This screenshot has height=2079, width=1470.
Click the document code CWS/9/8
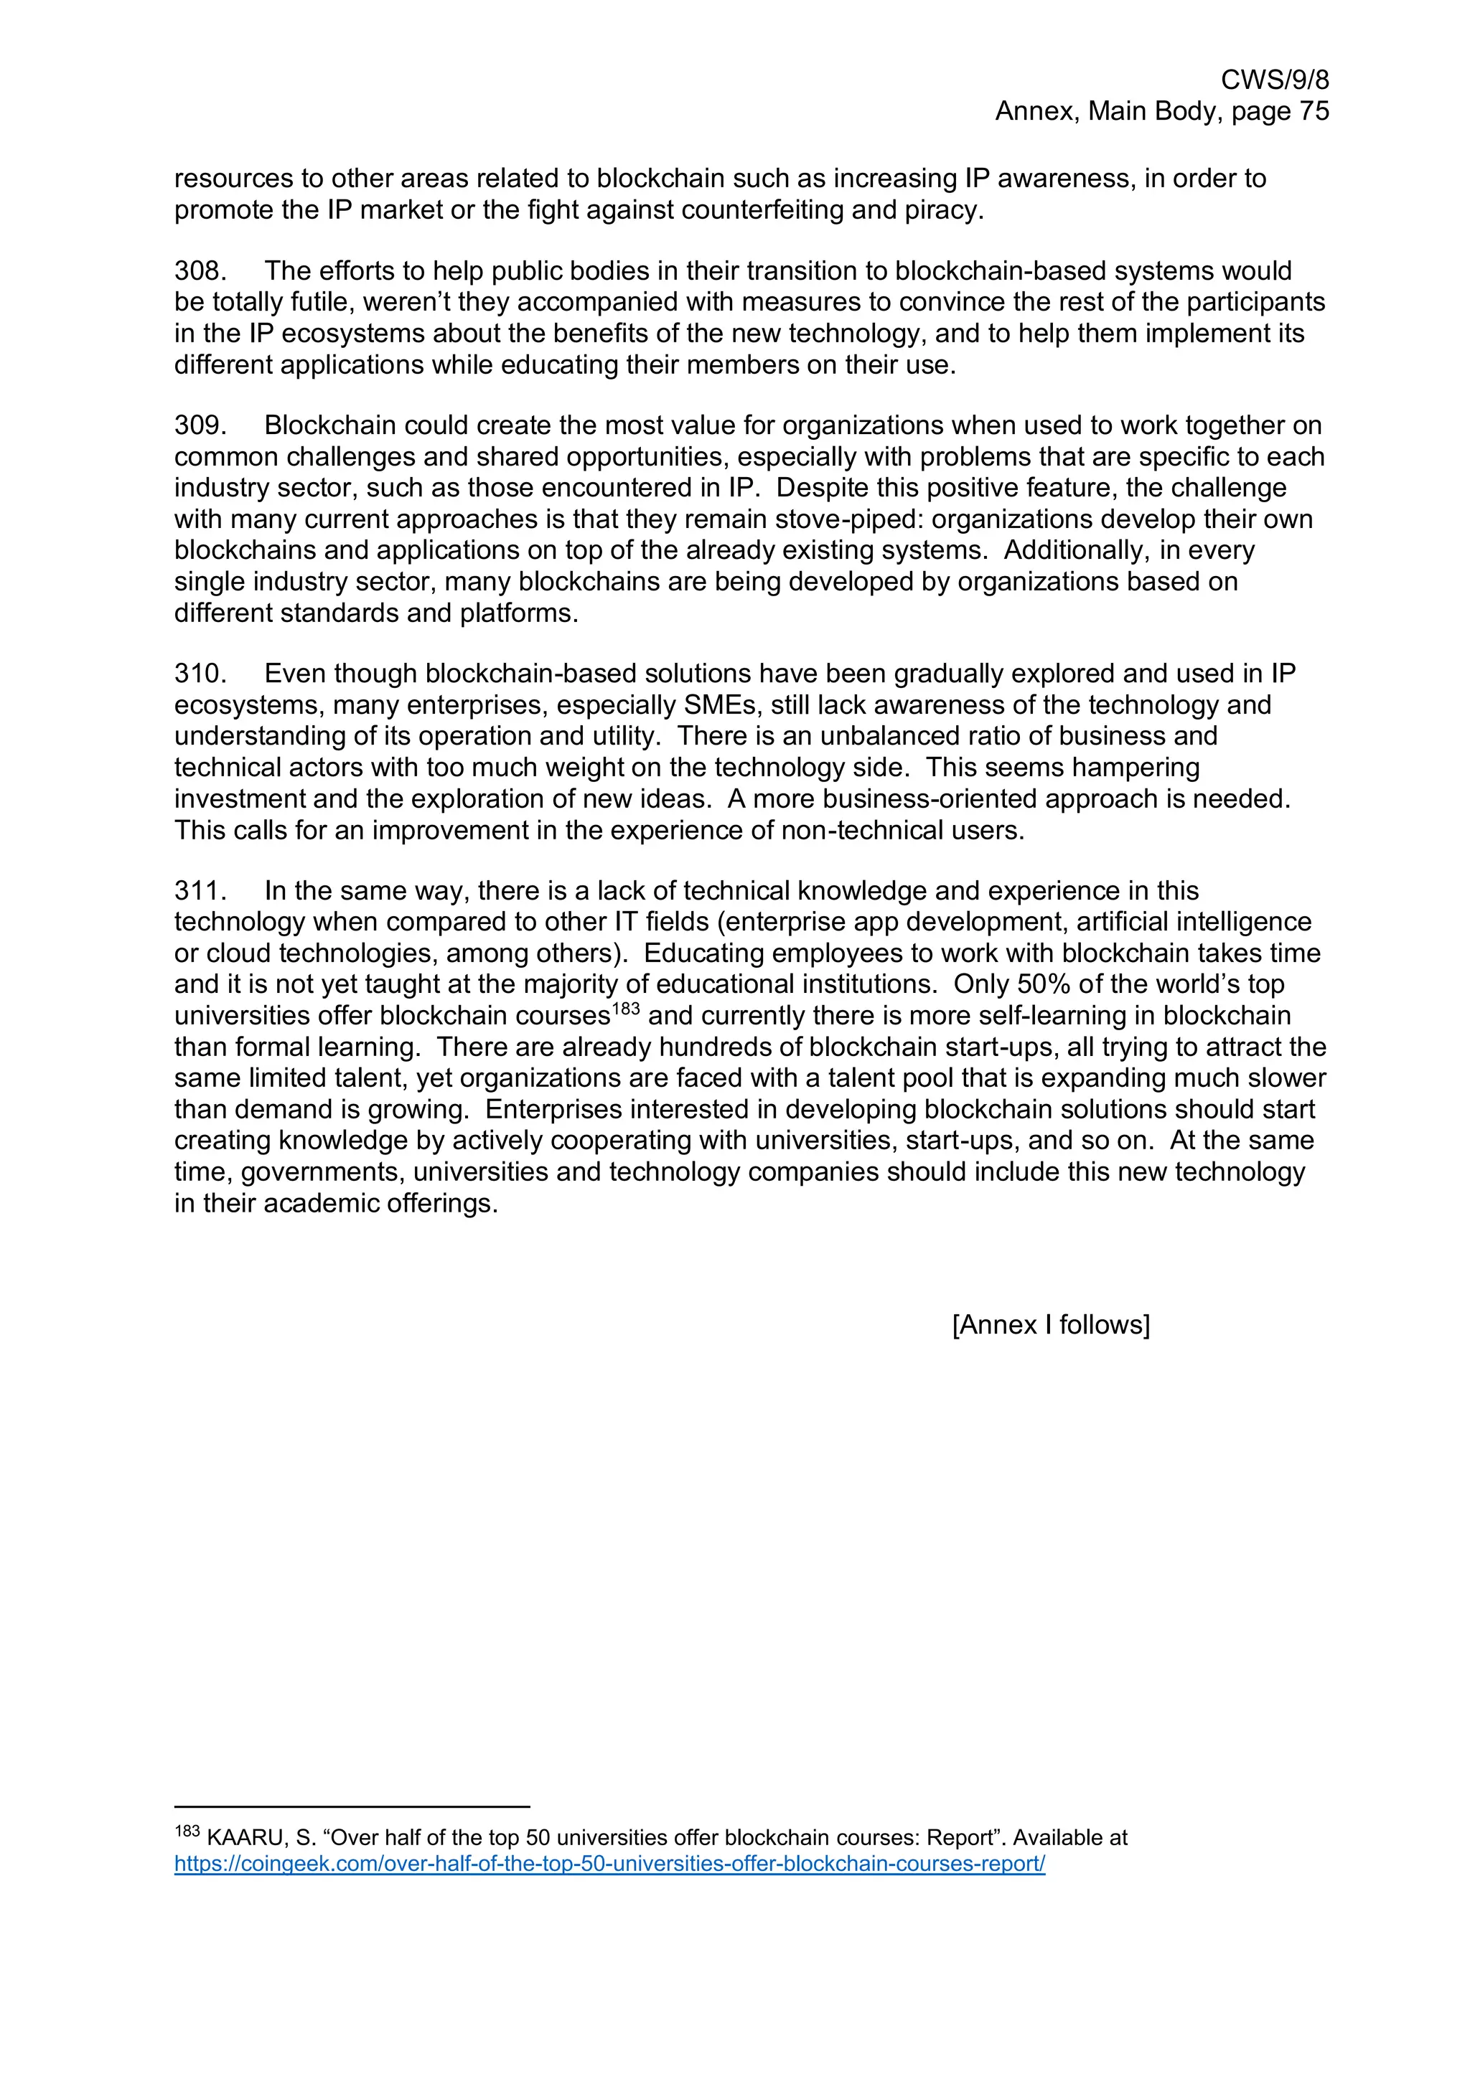(1274, 80)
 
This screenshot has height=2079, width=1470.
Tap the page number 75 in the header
(1314, 111)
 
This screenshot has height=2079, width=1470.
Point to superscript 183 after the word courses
(626, 1009)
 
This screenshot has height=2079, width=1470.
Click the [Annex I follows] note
(1051, 1325)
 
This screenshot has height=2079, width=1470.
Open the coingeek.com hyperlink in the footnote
(609, 1864)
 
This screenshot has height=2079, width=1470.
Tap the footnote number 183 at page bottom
(187, 1831)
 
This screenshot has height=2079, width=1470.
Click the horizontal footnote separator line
(352, 1806)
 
